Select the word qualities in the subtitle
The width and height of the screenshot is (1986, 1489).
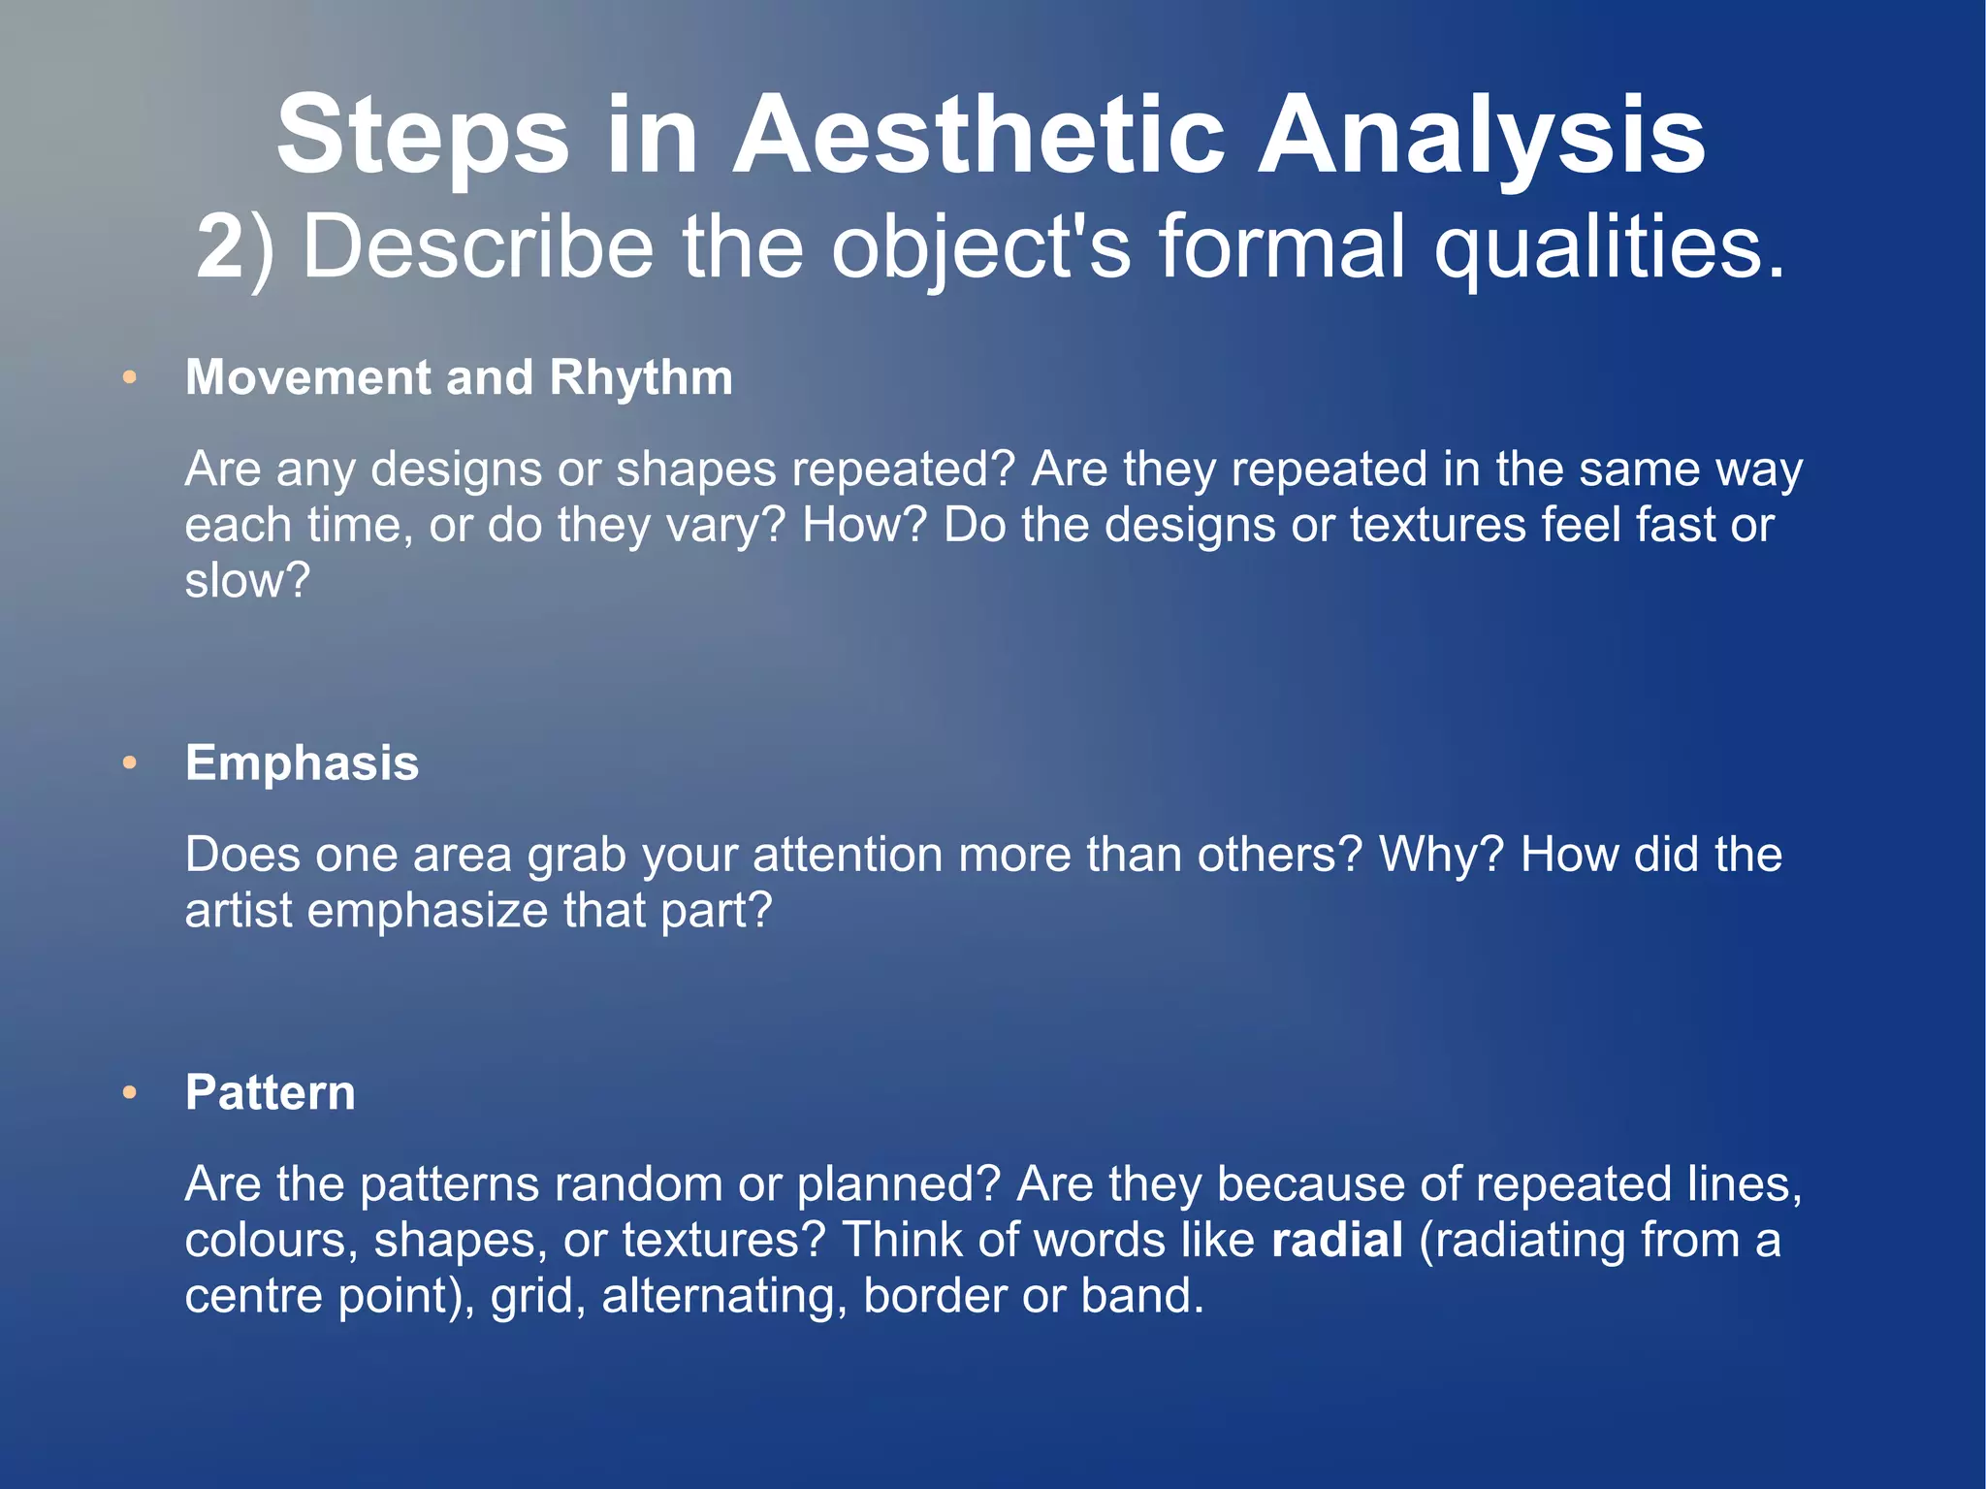pos(1609,247)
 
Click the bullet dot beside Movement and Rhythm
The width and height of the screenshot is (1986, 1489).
pos(130,378)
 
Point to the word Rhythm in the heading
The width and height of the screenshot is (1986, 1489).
pos(641,378)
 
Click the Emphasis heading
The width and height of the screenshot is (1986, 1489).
pos(302,763)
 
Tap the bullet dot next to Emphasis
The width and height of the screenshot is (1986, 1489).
pos(130,764)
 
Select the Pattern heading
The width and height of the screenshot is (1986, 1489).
pos(270,1093)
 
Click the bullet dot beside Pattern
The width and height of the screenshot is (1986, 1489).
pos(130,1094)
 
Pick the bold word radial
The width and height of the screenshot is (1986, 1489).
pos(1336,1241)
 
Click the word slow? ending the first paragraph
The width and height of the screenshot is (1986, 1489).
pos(247,581)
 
